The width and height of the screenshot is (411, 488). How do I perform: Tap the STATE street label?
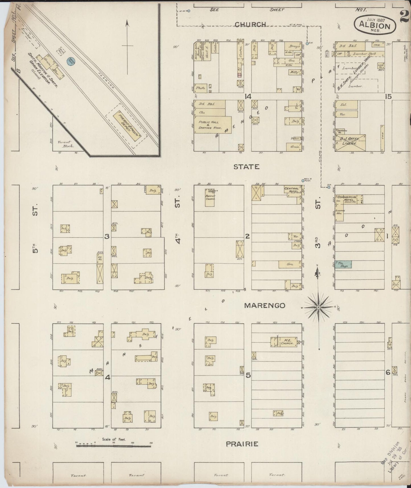(x=246, y=167)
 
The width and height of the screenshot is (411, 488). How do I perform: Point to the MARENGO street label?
(x=265, y=305)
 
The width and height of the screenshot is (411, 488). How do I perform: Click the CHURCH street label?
(x=250, y=24)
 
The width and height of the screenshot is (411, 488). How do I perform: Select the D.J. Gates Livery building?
(x=350, y=142)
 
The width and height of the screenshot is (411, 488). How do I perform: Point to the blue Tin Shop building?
(x=343, y=264)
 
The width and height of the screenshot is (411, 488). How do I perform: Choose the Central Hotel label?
(x=292, y=190)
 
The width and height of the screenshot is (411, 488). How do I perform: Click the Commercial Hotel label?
(x=346, y=198)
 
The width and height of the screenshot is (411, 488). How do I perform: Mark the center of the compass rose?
(x=319, y=307)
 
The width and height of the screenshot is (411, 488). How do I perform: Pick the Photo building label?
(x=201, y=88)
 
